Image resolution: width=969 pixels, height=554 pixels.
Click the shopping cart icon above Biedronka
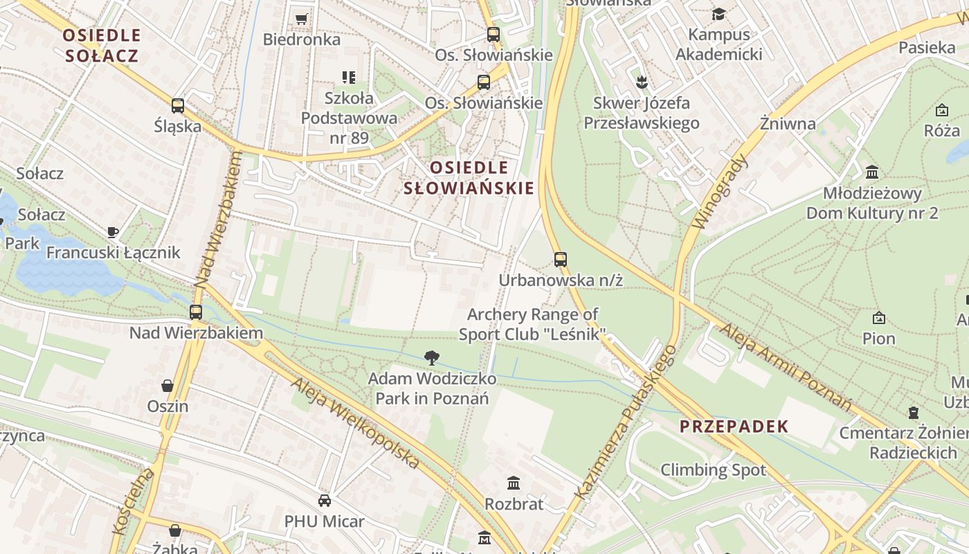tap(301, 19)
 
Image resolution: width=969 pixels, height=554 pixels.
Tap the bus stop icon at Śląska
tap(178, 105)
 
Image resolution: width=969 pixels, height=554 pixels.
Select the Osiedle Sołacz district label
tap(102, 45)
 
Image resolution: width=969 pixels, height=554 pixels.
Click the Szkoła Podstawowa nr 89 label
tap(349, 118)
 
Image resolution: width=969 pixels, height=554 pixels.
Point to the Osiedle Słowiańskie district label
tap(469, 177)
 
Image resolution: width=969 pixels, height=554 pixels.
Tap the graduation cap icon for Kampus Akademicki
tap(719, 14)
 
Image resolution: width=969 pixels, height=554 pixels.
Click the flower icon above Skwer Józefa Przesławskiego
tap(641, 82)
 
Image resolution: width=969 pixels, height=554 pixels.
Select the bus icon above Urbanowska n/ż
tap(561, 260)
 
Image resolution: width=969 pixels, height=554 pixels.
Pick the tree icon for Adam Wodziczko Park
tap(432, 358)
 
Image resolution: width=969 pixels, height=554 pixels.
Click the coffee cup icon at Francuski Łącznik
tap(113, 232)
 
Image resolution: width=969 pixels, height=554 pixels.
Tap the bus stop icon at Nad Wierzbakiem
tap(196, 312)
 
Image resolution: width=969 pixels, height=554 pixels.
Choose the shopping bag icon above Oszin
tap(167, 385)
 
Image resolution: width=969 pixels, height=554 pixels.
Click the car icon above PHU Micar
tap(324, 500)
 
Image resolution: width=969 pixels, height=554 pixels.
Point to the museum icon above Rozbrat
tap(514, 483)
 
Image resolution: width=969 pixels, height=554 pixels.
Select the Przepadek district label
tap(734, 427)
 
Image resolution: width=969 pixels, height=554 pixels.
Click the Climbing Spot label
tap(713, 470)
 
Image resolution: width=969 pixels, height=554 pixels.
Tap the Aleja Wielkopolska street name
tap(355, 423)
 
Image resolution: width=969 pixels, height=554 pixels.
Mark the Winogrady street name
tap(721, 192)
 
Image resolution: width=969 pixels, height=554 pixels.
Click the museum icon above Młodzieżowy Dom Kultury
tap(872, 172)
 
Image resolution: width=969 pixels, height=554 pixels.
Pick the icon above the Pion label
tap(879, 318)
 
